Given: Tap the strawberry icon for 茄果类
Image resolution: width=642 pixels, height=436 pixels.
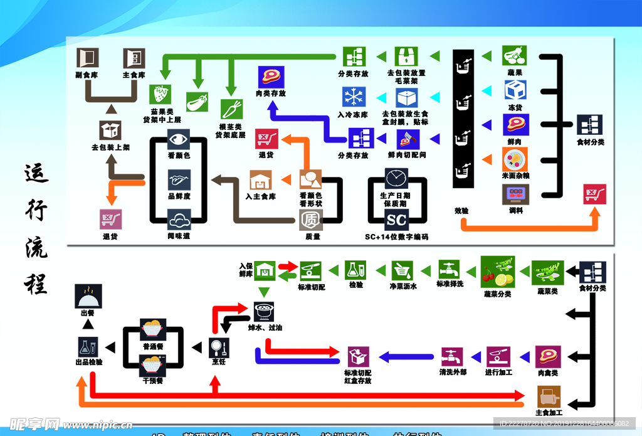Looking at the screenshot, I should (x=161, y=95).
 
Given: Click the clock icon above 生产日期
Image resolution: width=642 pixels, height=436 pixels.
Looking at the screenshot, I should (x=396, y=178).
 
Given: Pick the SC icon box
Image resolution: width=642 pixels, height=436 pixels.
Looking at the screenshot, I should (x=396, y=220).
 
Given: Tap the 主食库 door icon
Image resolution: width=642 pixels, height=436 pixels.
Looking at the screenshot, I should (x=134, y=58).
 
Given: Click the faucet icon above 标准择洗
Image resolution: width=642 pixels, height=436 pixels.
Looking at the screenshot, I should (x=451, y=270).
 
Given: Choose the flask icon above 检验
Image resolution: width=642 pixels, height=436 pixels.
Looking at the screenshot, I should (x=355, y=270).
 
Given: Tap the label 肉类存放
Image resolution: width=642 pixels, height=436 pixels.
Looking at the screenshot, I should (x=270, y=93).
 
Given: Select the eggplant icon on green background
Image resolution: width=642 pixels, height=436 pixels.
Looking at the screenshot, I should (x=197, y=102).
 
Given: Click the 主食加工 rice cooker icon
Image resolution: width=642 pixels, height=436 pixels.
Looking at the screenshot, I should (x=549, y=395).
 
